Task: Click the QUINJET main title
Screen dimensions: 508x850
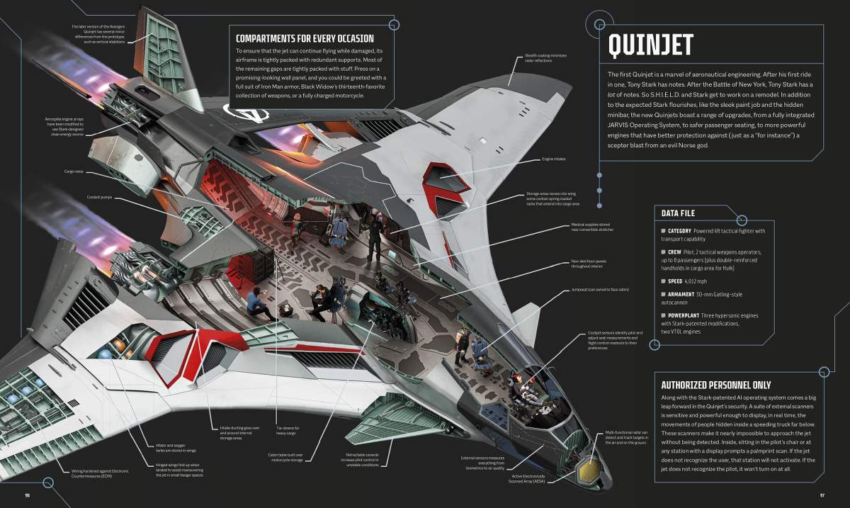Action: (x=650, y=45)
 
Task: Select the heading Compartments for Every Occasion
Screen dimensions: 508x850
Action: (x=305, y=38)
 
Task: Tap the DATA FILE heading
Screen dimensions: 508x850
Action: (x=678, y=213)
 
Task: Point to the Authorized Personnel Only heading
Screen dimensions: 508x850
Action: (x=715, y=385)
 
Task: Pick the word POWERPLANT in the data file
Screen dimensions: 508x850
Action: (x=687, y=316)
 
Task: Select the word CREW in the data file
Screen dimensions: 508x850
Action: (x=675, y=252)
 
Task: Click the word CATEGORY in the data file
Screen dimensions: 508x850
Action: (x=682, y=231)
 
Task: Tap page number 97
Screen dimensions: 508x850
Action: (x=823, y=494)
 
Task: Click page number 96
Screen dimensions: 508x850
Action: (x=27, y=494)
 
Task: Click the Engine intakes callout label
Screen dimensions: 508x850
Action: (x=553, y=159)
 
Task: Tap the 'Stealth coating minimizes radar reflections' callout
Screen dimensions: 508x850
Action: (x=545, y=58)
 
